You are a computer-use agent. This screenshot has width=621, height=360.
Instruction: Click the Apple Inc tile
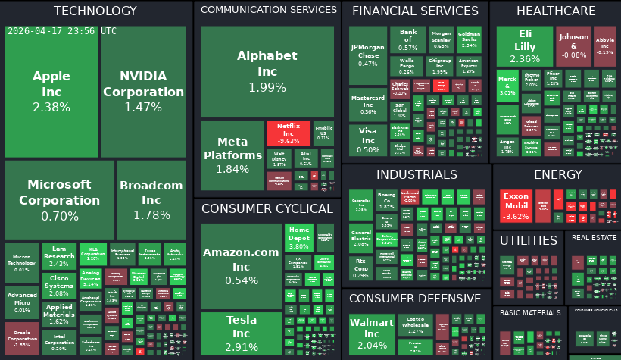(51, 91)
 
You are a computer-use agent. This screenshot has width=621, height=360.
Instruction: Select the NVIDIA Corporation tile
(143, 91)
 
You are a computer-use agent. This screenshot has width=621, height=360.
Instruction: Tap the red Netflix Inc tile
(289, 133)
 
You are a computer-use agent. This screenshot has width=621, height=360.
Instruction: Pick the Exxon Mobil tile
(516, 205)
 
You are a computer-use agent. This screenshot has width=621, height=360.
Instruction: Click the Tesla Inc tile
(241, 333)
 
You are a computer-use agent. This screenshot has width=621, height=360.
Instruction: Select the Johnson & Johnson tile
(573, 45)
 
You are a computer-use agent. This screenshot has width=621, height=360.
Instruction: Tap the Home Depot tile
(299, 236)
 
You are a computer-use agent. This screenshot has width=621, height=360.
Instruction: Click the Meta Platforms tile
(232, 155)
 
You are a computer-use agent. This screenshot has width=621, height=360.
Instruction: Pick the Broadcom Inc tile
(151, 200)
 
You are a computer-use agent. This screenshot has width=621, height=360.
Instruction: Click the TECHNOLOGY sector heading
(95, 11)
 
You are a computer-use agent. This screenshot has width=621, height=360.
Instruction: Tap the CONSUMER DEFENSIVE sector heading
(414, 299)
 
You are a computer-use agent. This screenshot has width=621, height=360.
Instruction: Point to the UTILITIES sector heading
(528, 240)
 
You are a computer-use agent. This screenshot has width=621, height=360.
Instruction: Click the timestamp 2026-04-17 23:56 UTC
(62, 31)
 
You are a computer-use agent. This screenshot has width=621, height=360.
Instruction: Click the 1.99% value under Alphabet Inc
(267, 87)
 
